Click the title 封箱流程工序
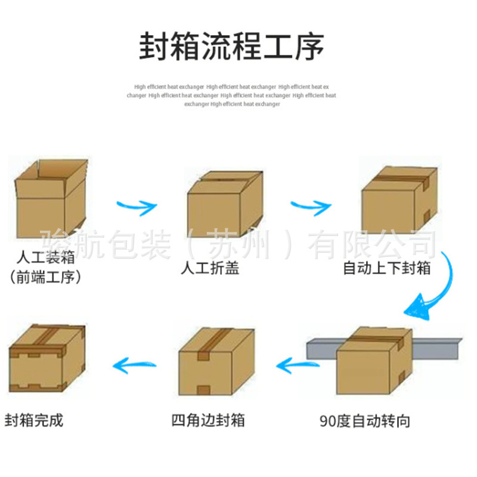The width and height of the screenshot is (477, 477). [232, 47]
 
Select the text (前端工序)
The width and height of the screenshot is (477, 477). [45, 277]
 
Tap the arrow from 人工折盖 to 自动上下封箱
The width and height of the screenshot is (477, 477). [310, 206]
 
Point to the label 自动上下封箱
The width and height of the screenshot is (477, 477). [386, 268]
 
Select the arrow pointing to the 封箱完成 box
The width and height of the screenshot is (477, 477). [135, 362]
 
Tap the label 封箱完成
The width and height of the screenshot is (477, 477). [33, 420]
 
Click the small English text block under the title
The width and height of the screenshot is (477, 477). [232, 95]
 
